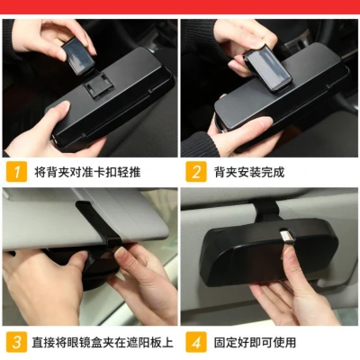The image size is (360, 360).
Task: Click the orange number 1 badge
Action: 16,172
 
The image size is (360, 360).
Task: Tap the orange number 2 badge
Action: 196,172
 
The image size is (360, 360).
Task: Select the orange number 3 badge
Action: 16,342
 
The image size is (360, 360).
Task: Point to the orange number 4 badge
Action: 196,342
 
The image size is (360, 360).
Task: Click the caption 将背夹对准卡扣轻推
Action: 87,172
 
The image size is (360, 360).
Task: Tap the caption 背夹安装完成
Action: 249,172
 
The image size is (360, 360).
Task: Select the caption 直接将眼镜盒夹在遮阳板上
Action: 103,342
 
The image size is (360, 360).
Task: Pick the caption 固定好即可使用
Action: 255,342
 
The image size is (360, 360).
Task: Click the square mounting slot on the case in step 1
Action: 96,85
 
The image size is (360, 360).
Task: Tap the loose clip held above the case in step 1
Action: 78,56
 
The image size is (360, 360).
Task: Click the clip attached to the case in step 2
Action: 268,68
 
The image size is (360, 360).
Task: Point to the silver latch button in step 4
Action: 286,237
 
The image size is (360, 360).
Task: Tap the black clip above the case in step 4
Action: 265,210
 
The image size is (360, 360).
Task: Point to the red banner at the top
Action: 180,6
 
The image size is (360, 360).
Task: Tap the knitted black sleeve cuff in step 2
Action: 195,144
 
